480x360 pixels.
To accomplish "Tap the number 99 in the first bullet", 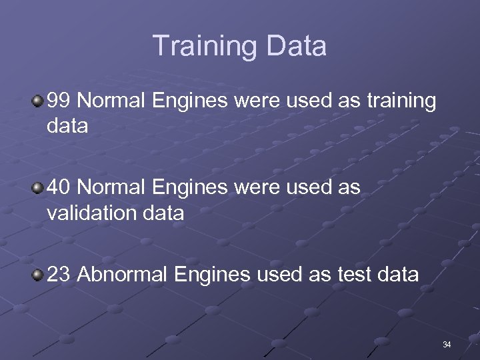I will pyautogui.click(x=59, y=101).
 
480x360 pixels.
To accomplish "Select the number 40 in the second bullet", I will pyautogui.click(x=59, y=188).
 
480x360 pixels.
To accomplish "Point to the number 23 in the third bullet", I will pyautogui.click(x=59, y=275).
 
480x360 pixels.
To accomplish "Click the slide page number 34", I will pyautogui.click(x=447, y=345).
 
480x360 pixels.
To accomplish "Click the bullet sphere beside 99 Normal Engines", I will pyautogui.click(x=38, y=101).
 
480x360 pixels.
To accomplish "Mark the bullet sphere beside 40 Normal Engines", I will pyautogui.click(x=38, y=188).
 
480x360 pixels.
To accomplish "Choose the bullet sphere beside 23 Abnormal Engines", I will pyautogui.click(x=38, y=274).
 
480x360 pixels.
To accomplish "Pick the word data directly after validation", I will pyautogui.click(x=164, y=213).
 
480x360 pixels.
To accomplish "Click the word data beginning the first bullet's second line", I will pyautogui.click(x=67, y=126).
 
